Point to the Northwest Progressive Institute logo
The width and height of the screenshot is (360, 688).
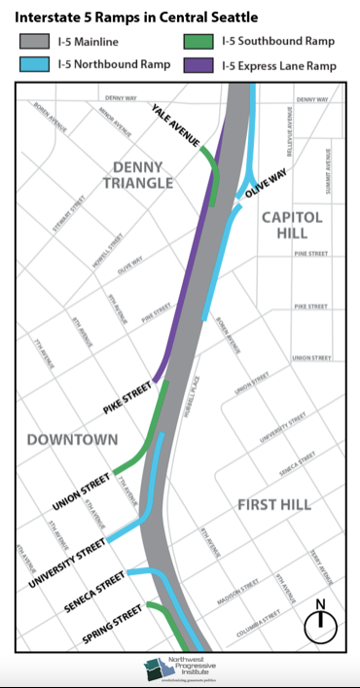click(179, 669)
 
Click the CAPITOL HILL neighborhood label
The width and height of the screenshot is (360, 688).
click(293, 227)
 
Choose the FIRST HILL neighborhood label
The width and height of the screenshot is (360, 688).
click(274, 505)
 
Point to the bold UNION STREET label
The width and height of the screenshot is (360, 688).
click(84, 492)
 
